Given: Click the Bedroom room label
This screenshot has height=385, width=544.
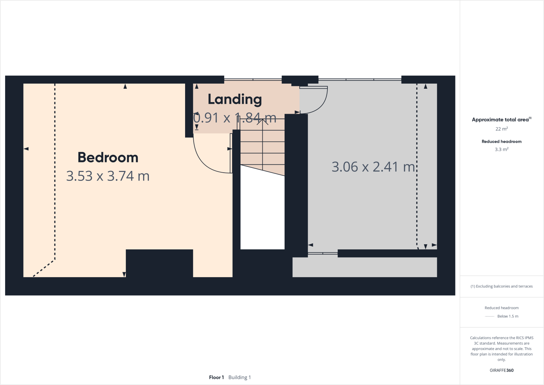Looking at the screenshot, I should tap(108, 158).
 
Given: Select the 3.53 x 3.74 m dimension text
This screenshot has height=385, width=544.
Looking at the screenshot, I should tap(108, 176).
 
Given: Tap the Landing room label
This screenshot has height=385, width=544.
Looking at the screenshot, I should tap(235, 99).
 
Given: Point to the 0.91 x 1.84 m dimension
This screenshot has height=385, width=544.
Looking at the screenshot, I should tap(235, 118).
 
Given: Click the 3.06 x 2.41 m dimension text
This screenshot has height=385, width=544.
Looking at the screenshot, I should tap(373, 167).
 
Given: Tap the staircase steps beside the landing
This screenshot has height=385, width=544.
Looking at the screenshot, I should tap(262, 147).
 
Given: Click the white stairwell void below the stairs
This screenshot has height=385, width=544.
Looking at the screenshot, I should tap(262, 212).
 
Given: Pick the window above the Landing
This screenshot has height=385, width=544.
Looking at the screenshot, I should tap(253, 79).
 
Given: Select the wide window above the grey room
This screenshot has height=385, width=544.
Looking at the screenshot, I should tap(360, 79).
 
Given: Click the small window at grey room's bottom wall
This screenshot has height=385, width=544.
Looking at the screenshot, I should tap(323, 253).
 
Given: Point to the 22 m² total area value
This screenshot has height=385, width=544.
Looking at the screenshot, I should tap(502, 129).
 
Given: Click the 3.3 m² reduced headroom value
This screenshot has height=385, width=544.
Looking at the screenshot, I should tap(502, 149).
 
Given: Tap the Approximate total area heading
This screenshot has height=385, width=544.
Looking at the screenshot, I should tap(501, 120).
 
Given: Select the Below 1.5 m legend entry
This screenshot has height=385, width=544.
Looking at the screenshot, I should tap(507, 316).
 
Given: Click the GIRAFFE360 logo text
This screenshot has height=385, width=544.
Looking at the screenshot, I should tap(502, 370).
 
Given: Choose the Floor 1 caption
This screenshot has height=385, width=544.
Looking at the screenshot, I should tap(216, 377).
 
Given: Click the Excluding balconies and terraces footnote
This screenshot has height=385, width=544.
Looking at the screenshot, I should tap(502, 286).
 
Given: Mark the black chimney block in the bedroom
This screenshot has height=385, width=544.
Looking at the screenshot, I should tap(159, 263).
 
